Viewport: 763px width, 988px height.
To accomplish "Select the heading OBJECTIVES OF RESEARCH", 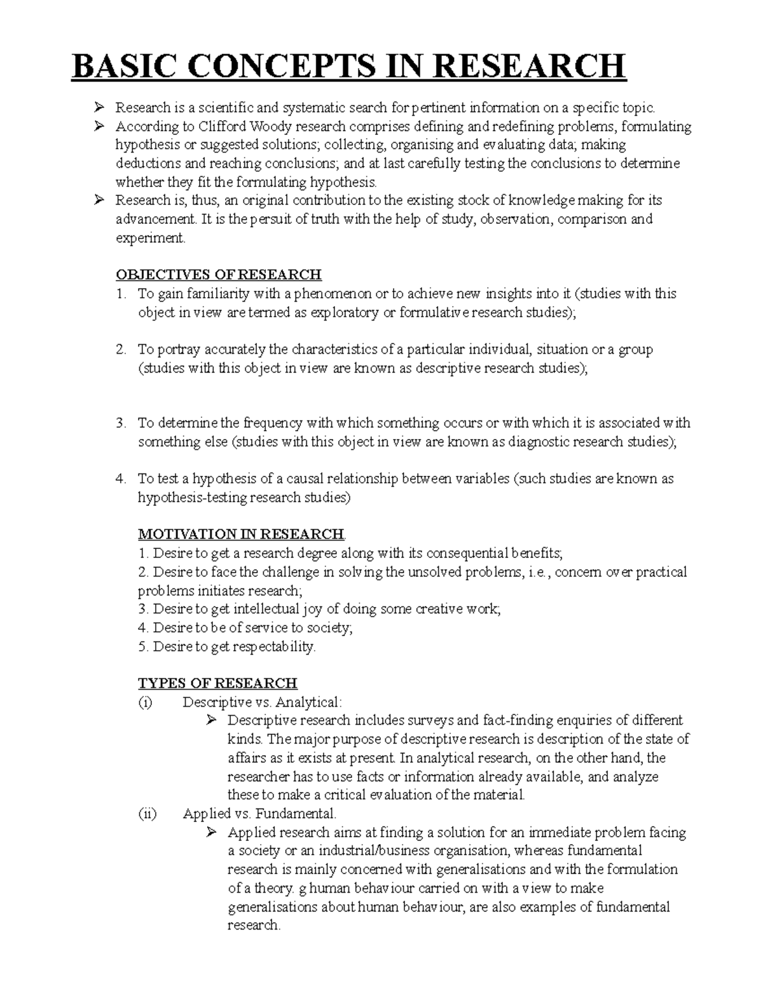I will click(218, 275).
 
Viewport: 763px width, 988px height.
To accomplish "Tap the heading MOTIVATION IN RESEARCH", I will click(241, 534).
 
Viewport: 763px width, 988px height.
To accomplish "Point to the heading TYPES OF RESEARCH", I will click(217, 683).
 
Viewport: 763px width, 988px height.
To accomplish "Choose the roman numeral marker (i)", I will click(146, 702).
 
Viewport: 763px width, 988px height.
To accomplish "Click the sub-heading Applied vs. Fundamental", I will click(259, 814).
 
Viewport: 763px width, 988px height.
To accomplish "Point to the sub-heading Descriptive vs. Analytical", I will click(262, 702).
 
